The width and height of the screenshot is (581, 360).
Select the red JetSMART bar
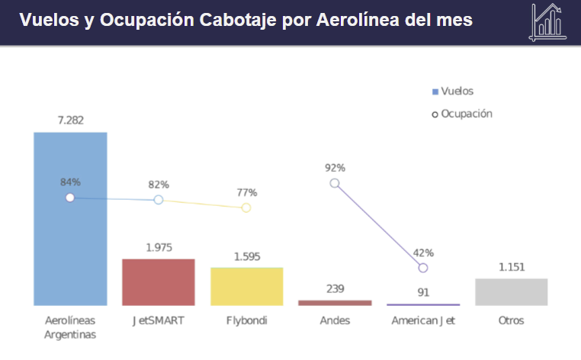[159, 282]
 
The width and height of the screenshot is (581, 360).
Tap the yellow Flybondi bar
[247, 286]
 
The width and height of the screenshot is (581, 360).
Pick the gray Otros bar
[512, 291]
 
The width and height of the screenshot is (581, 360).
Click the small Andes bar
[335, 303]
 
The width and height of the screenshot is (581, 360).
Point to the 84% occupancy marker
[70, 198]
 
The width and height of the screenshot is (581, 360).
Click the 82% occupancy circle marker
[159, 200]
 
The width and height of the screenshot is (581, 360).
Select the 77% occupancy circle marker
[246, 207]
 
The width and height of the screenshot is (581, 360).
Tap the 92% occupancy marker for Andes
[335, 183]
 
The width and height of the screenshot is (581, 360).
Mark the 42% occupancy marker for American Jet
[423, 268]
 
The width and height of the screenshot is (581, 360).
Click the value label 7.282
[70, 120]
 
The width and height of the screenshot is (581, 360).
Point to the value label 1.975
[159, 247]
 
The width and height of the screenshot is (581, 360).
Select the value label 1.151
[512, 267]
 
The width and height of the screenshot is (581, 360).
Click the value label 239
[335, 288]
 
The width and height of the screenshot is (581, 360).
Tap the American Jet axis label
[423, 320]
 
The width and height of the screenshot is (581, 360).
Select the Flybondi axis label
[247, 320]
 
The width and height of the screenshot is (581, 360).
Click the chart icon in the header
[548, 21]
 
